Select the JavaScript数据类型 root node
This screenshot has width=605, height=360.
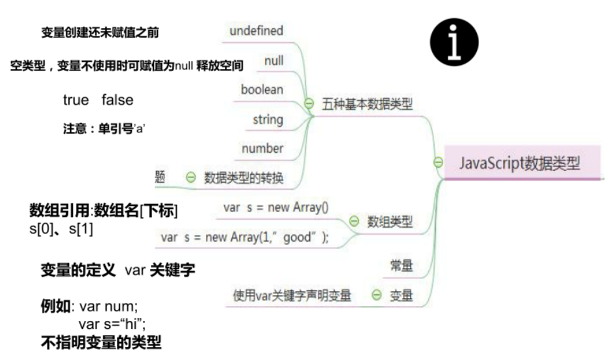(519, 163)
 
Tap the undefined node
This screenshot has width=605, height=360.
(256, 31)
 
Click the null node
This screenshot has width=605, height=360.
(274, 61)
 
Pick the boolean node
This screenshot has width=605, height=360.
(262, 90)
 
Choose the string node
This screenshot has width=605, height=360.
(268, 120)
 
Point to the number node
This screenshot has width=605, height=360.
(263, 149)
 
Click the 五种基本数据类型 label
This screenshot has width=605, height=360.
(367, 104)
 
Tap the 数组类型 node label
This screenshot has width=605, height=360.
(390, 222)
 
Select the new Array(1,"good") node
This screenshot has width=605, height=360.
(245, 237)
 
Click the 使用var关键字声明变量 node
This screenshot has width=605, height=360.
(292, 296)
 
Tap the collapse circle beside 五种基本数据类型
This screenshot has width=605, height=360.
(309, 104)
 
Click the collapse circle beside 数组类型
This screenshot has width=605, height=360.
(354, 222)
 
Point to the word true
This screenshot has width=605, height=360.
(76, 100)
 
